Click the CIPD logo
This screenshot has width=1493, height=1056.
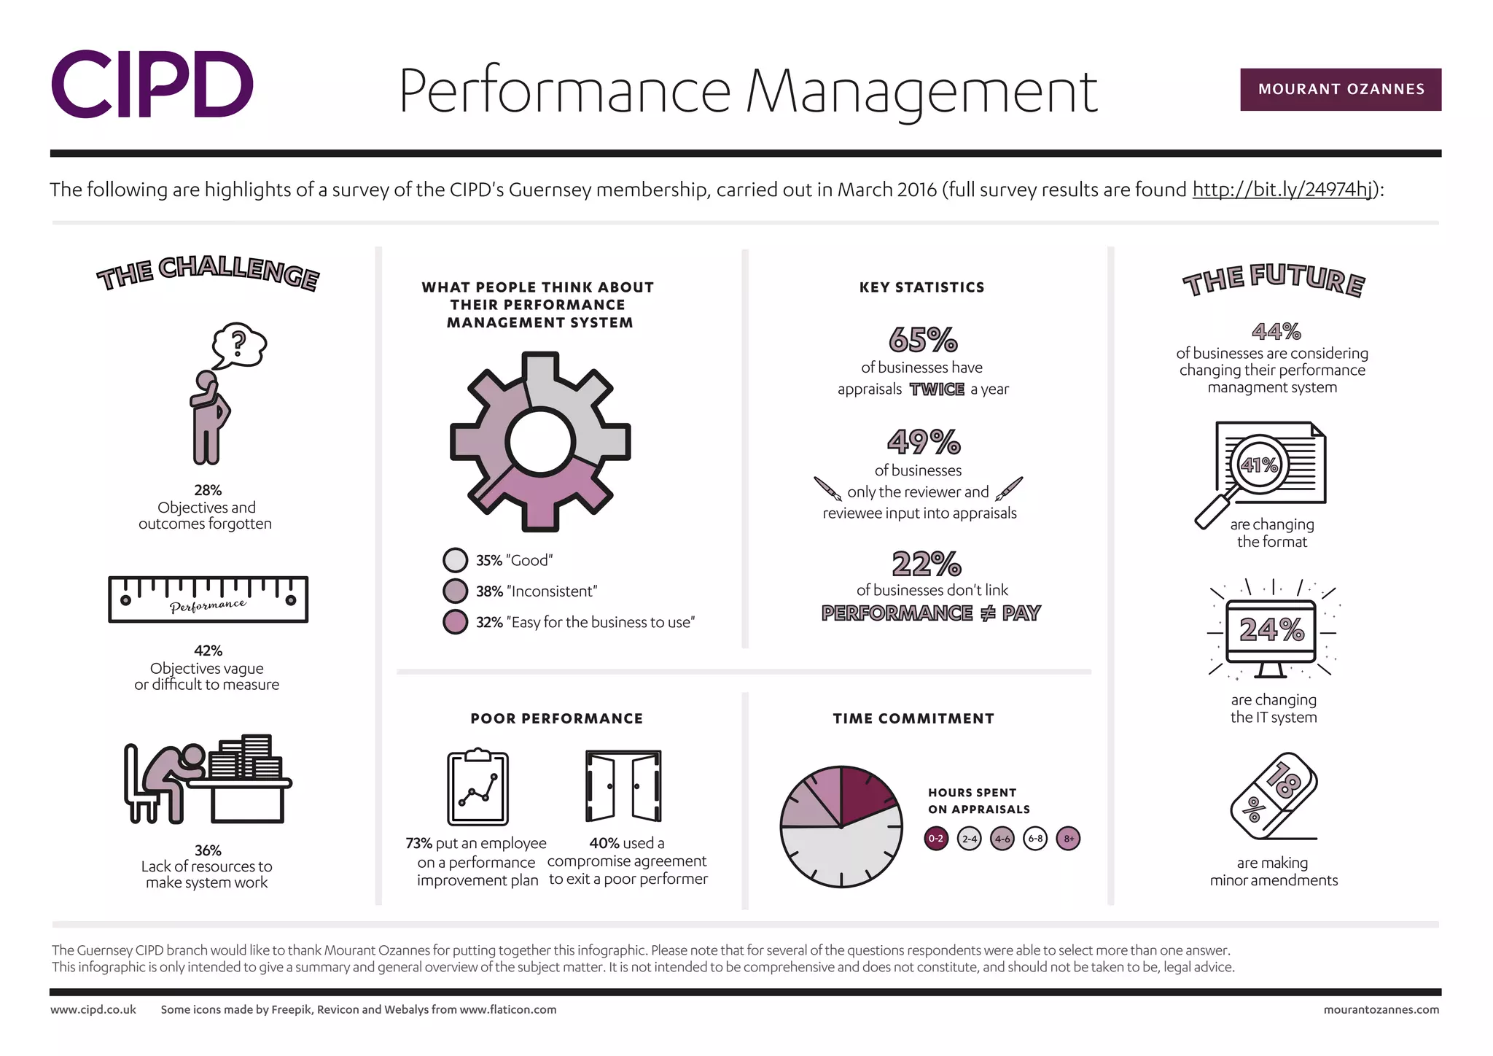point(152,85)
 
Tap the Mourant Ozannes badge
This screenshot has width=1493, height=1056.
point(1340,90)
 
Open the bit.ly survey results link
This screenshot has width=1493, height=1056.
point(1282,190)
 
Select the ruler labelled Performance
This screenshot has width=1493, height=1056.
point(208,599)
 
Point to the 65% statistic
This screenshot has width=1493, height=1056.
point(923,340)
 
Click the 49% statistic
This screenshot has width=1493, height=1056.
point(924,441)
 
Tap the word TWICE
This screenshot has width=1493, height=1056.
point(937,389)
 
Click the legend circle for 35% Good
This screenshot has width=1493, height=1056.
point(455,560)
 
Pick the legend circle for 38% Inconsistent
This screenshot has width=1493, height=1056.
point(455,591)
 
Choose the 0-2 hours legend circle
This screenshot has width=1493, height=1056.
point(936,839)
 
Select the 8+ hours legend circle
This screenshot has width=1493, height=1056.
point(1068,839)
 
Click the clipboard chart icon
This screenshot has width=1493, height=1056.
point(477,788)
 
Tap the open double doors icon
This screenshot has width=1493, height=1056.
point(623,786)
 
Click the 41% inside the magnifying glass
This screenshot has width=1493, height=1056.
point(1259,465)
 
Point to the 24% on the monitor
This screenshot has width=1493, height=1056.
point(1271,630)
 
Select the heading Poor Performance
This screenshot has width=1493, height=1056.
point(556,718)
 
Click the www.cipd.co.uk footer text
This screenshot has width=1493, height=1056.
point(93,1009)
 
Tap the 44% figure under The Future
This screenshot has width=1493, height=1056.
point(1276,332)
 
